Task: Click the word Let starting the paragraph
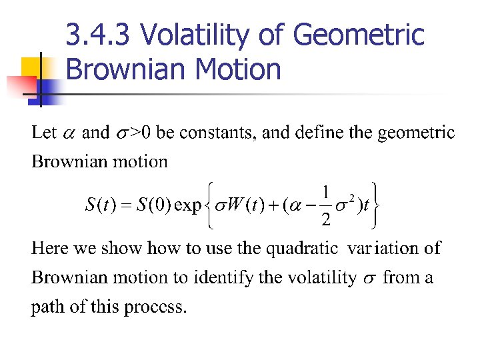coord(44,132)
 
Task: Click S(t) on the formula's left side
coord(99,204)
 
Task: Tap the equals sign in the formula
coord(124,205)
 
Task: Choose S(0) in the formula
coord(151,204)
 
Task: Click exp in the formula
coord(187,205)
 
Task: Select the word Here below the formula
coord(49,249)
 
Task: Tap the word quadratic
coord(302,249)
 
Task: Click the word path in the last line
coord(47,307)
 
